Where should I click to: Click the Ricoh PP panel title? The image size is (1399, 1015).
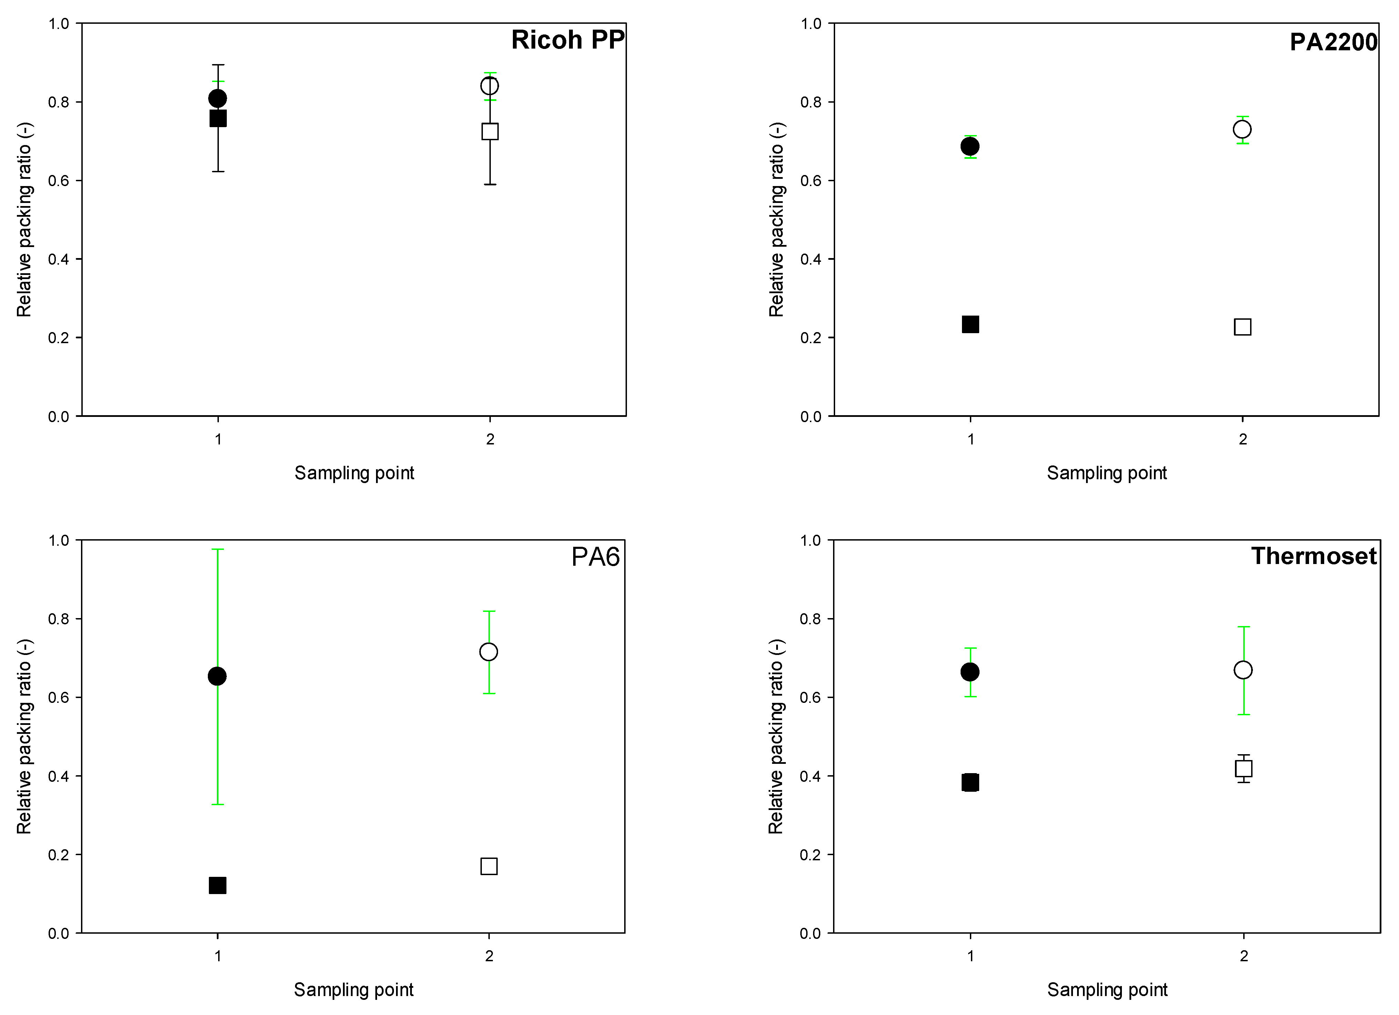click(568, 40)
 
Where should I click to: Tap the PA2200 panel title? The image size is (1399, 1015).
click(1333, 42)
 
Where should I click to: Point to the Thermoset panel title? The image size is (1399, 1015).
click(1313, 556)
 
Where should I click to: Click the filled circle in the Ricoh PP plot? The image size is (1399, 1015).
click(218, 98)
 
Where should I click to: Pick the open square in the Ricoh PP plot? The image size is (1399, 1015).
click(490, 131)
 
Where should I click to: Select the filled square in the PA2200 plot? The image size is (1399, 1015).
click(970, 324)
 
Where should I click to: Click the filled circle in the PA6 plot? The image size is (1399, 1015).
click(217, 676)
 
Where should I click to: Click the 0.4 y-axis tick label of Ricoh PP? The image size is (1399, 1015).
click(59, 259)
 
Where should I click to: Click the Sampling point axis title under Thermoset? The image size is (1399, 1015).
click(1107, 990)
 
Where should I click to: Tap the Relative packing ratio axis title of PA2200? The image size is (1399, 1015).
click(777, 219)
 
